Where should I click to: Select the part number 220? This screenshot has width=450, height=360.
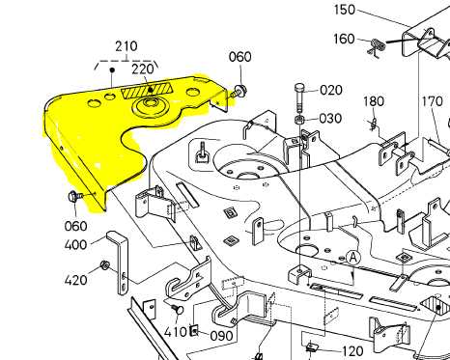click(143, 69)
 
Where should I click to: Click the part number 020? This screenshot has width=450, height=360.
click(330, 91)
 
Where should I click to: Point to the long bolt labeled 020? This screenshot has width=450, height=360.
click(300, 99)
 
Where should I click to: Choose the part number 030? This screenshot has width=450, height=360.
click(330, 119)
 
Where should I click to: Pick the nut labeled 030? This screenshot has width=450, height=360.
click(300, 120)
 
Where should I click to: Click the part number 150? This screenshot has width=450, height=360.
click(344, 11)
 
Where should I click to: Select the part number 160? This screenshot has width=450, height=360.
click(344, 40)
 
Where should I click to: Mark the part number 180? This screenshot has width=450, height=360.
click(374, 102)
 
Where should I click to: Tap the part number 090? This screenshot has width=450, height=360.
click(221, 336)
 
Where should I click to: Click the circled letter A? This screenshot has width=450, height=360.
click(353, 257)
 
